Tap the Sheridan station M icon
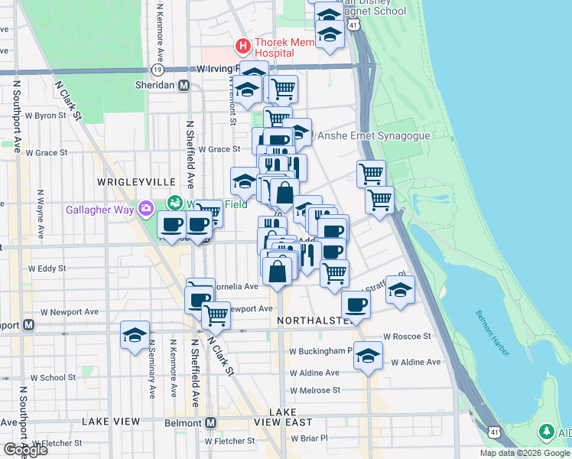point(184,86)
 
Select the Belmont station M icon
point(210,422)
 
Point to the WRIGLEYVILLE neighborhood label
point(126,181)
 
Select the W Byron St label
point(47,116)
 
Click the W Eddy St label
point(47,269)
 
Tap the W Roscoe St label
point(408,336)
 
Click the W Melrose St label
point(314,390)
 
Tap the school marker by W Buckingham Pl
point(369,356)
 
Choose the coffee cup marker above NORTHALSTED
point(356,305)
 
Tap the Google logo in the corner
point(24,450)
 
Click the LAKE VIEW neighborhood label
point(111,422)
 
